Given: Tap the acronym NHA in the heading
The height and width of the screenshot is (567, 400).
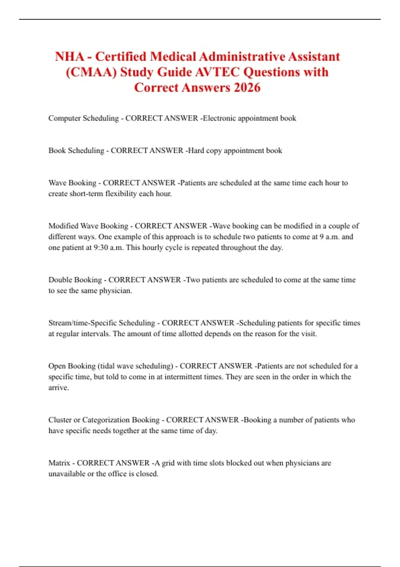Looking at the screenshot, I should point(70,56).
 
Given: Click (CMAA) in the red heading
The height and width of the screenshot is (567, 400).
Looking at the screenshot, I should point(91,72).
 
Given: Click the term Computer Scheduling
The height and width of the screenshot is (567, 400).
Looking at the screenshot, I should point(83,118).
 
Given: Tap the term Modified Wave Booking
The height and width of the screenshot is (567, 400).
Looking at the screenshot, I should point(88,226).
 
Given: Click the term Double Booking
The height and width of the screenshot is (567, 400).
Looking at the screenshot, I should point(75,279).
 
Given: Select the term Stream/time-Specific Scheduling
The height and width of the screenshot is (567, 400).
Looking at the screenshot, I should point(102,323).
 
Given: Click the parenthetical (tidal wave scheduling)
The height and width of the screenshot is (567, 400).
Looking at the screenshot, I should point(135,366).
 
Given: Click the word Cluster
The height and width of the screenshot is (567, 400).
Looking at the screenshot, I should point(60,420).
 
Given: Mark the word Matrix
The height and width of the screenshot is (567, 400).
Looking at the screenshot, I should point(59,463).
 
